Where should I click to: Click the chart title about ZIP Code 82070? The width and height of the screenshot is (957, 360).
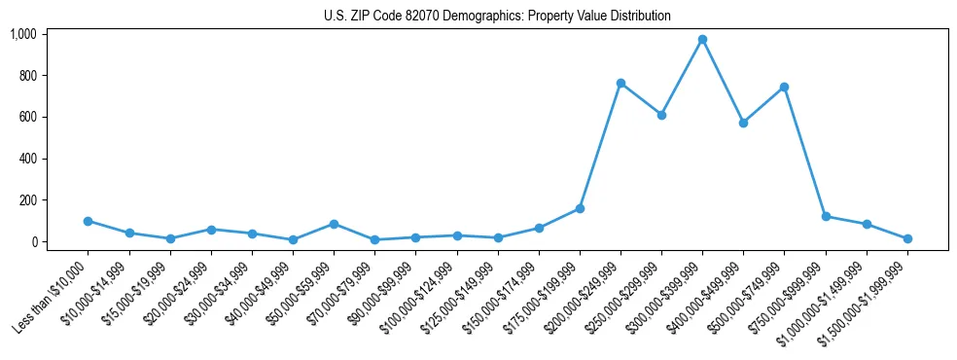click(x=497, y=17)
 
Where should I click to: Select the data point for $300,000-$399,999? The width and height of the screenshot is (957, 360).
click(x=702, y=40)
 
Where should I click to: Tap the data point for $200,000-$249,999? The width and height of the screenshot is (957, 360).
click(x=620, y=84)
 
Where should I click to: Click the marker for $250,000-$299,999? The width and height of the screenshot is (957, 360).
click(x=661, y=115)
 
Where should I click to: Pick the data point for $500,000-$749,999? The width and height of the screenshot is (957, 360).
click(x=784, y=88)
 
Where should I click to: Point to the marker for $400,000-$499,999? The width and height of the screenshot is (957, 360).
click(x=743, y=124)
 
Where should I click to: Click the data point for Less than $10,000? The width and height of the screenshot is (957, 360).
click(x=89, y=221)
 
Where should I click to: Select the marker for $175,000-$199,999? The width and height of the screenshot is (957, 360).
click(x=580, y=208)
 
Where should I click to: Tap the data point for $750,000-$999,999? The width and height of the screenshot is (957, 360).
click(x=826, y=217)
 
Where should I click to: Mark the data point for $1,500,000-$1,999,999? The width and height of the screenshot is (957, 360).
click(x=907, y=238)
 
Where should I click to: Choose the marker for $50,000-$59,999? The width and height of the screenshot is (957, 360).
click(x=334, y=224)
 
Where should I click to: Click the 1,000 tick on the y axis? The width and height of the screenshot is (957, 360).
click(x=23, y=34)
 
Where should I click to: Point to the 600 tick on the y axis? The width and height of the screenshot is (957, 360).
click(x=27, y=117)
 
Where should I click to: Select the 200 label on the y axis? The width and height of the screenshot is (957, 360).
click(x=27, y=200)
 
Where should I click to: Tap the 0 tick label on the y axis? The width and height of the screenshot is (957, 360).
click(x=32, y=242)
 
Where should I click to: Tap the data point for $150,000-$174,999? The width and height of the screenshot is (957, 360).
click(x=539, y=228)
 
